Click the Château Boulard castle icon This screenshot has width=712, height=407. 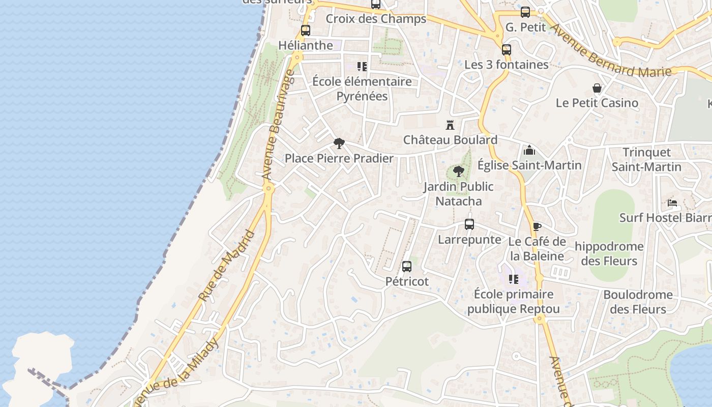pos(450,125)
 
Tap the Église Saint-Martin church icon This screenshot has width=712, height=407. pos(529,150)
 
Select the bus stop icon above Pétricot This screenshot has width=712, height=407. pos(406,266)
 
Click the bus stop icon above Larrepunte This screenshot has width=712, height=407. pos(469,224)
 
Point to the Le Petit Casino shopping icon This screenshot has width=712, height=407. pos(597,89)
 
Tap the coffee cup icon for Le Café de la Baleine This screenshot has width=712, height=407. pos(537,227)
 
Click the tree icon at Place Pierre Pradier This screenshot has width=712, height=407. pos(339,143)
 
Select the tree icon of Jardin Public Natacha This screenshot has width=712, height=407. pos(459,171)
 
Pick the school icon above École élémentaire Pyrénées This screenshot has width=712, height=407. pos(362,66)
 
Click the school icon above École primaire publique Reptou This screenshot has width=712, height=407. pos(514,279)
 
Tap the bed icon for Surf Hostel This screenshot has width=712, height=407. pos(672,202)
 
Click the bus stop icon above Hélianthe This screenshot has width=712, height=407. pos(305,31)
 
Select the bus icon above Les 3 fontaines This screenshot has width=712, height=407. pos(506,50)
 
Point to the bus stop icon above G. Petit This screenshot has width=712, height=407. pos(525,12)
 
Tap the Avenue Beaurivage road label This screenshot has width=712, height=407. pos(278,125)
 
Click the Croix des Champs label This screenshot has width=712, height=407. pos(376,19)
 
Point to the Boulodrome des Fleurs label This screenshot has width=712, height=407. pos(638,302)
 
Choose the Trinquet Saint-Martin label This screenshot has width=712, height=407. pos(646,159)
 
